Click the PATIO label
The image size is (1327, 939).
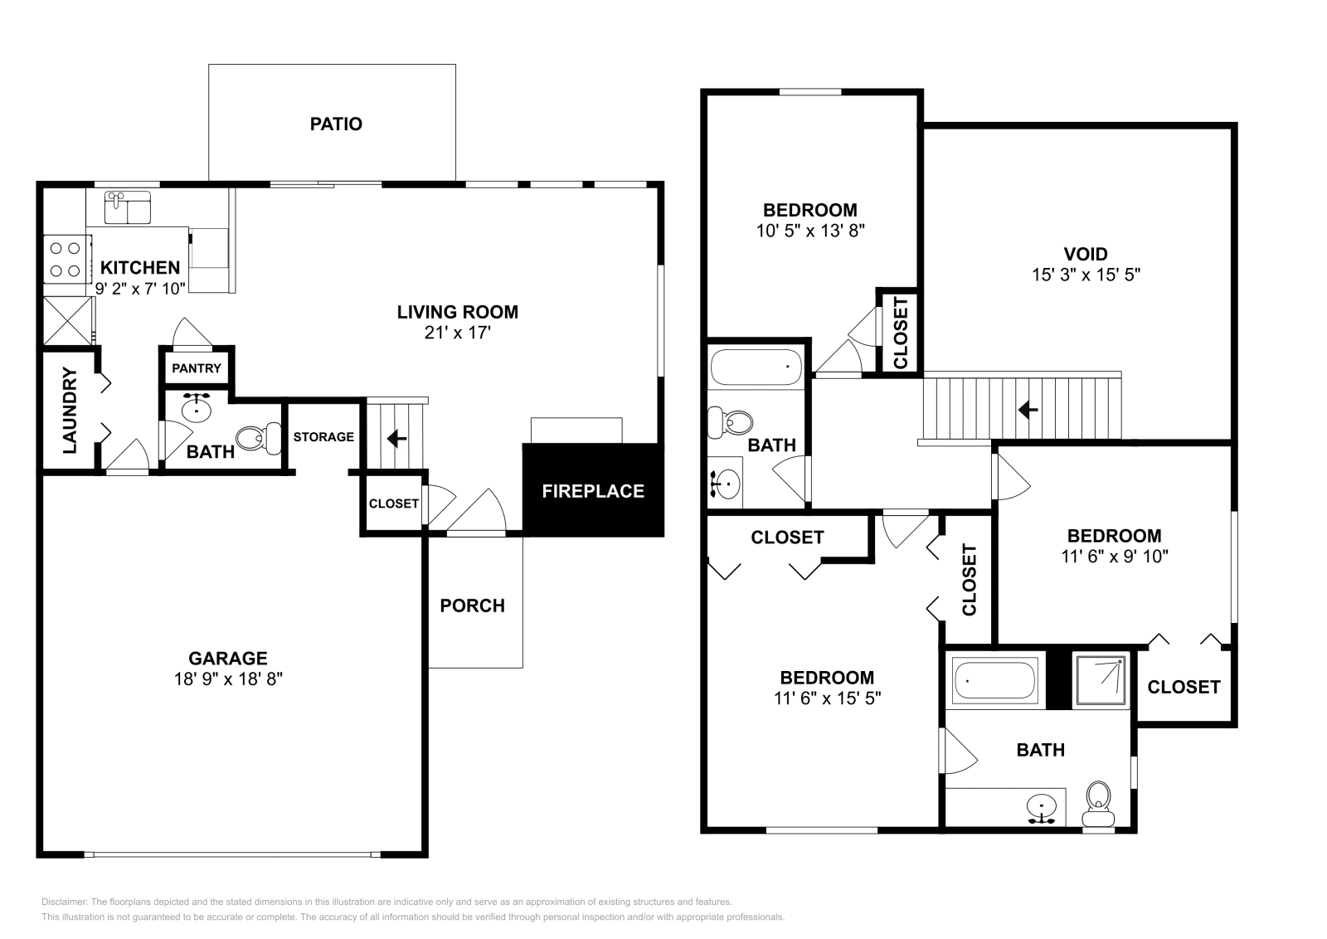(x=336, y=124)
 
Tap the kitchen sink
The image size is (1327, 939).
(x=128, y=207)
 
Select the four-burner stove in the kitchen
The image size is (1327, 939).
(x=67, y=260)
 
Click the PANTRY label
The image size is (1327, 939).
(x=196, y=368)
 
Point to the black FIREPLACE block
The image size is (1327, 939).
(x=592, y=490)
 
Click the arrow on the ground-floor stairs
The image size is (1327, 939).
(x=396, y=439)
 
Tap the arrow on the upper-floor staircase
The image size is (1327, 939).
(x=1028, y=410)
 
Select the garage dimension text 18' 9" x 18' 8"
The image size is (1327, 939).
(x=228, y=679)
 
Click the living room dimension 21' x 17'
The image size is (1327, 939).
(x=457, y=333)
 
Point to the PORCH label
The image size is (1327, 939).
(x=472, y=606)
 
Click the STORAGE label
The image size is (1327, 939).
(x=323, y=437)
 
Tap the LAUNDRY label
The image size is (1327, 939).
(x=70, y=411)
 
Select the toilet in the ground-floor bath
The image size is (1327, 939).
(x=259, y=439)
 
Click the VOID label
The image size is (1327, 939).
(x=1086, y=254)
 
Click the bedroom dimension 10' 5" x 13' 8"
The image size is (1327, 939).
(x=809, y=231)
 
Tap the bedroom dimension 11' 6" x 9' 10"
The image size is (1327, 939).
(x=1115, y=557)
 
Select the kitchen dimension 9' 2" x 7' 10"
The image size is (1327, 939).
(x=140, y=289)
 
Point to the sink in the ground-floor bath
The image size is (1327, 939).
(x=196, y=407)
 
